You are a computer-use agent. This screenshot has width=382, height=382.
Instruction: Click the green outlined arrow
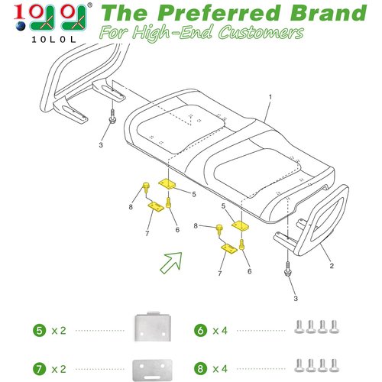click(x=171, y=263)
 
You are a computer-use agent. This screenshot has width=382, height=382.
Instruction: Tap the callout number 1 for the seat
click(x=270, y=97)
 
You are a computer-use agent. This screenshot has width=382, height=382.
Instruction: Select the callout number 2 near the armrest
click(x=332, y=266)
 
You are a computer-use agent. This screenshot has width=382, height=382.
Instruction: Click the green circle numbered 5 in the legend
click(x=40, y=331)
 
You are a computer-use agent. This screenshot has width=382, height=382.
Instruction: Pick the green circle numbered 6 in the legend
click(x=200, y=331)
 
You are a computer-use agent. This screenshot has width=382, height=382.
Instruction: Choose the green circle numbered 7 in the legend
click(x=40, y=369)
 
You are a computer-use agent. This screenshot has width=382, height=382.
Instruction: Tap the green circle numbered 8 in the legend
click(x=200, y=369)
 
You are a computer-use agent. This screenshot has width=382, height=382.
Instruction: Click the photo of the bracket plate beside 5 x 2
click(x=153, y=326)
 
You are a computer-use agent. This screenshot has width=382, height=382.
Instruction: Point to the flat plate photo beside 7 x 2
click(x=152, y=370)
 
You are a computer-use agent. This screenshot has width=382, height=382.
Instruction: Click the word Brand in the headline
click(x=329, y=13)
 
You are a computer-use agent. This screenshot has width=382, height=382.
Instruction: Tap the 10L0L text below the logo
click(x=53, y=40)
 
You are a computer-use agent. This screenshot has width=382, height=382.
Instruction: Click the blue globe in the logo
click(x=21, y=26)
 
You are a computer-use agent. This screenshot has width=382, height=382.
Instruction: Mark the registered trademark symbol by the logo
click(x=90, y=5)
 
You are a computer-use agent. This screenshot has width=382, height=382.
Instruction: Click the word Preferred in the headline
click(x=219, y=13)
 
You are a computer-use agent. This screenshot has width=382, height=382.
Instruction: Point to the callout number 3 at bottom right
click(x=296, y=298)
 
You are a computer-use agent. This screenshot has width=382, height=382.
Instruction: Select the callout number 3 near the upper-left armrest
click(x=101, y=145)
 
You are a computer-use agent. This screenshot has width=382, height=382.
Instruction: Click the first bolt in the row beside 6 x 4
click(x=299, y=327)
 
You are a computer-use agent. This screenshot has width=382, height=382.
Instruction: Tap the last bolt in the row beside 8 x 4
click(x=334, y=365)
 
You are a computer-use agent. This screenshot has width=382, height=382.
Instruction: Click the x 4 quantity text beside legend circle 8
click(x=220, y=369)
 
